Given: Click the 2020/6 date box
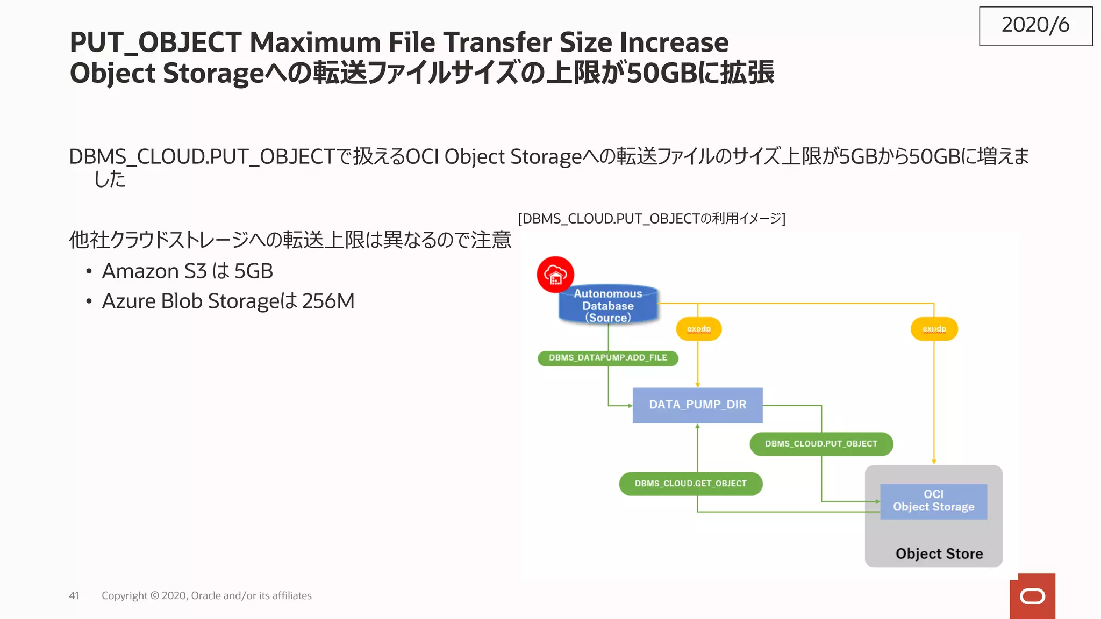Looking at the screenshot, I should tap(1035, 26).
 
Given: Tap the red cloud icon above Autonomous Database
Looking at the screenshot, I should tap(555, 275).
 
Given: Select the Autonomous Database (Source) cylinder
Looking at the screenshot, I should tap(608, 305).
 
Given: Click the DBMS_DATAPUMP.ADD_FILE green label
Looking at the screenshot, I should tap(607, 358).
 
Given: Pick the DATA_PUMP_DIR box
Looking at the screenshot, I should tap(697, 405).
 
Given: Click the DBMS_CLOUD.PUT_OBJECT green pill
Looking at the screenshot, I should tap(821, 444).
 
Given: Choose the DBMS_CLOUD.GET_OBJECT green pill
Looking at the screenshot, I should tap(690, 484).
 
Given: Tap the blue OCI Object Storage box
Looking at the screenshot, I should tap(933, 501).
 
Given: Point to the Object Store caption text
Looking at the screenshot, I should tap(939, 553).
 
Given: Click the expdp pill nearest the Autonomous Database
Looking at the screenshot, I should tap(698, 329).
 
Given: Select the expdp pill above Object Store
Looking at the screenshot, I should tap(934, 329).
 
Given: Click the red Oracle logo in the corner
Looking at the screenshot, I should tap(1032, 596).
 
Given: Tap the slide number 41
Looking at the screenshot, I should tap(74, 595).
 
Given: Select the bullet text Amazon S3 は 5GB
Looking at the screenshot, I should tap(187, 271).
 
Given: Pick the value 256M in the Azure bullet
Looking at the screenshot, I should tap(328, 301).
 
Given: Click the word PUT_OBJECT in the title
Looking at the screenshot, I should tap(155, 42).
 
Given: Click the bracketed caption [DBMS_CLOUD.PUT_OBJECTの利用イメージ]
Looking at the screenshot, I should tap(652, 219).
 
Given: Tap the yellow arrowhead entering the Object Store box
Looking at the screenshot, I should tap(934, 461).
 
